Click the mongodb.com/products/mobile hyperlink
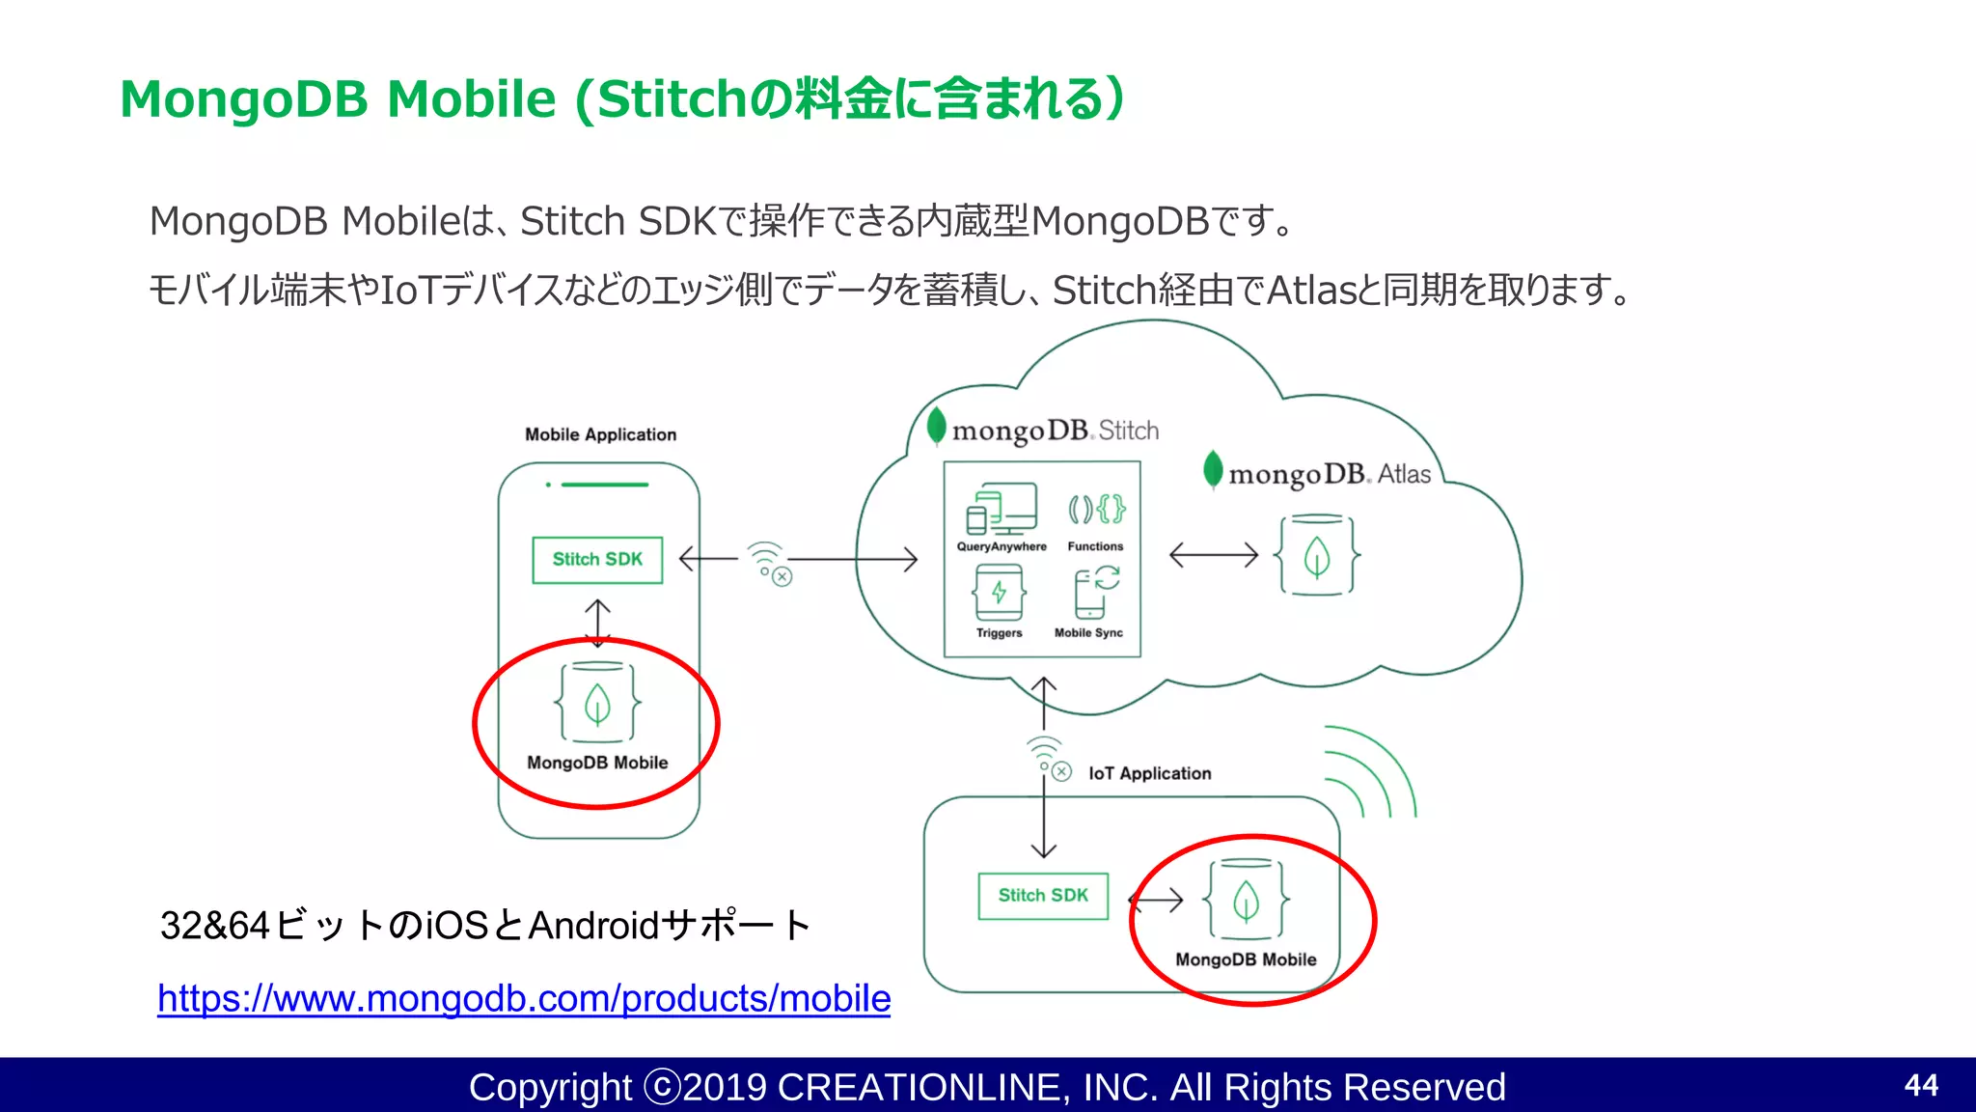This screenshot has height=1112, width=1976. click(523, 998)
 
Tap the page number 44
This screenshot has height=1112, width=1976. click(1920, 1085)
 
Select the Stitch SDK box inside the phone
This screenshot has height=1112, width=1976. click(597, 560)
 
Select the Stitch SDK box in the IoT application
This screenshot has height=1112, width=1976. click(1043, 896)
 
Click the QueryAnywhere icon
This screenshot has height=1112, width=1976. click(1002, 509)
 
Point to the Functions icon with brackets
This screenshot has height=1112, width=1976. click(1096, 509)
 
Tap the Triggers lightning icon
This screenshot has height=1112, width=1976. click(999, 593)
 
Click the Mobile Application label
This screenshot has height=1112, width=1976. click(600, 434)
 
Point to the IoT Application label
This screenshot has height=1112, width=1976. click(1149, 773)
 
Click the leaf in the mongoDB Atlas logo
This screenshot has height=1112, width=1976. click(1213, 470)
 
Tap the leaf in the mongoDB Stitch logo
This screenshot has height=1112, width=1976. click(936, 426)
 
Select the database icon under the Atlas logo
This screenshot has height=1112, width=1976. click(1317, 555)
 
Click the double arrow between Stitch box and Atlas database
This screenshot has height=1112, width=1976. click(1214, 555)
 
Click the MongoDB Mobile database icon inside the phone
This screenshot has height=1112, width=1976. click(597, 702)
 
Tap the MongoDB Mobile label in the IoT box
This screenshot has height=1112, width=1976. click(1246, 959)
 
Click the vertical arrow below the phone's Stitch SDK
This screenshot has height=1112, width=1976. click(597, 623)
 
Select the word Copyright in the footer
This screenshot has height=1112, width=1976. click(549, 1087)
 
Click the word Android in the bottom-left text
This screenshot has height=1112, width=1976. click(593, 926)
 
